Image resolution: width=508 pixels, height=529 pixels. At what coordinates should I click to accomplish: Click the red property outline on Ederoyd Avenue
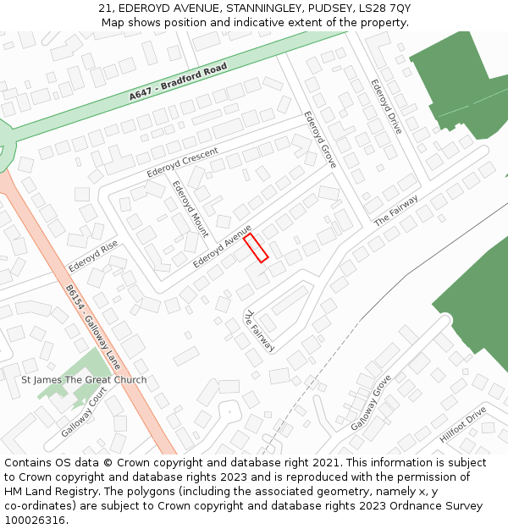[256, 248]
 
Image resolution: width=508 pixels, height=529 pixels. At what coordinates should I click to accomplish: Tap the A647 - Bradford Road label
[179, 81]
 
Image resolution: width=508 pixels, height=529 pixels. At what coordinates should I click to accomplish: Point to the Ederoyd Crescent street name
[182, 163]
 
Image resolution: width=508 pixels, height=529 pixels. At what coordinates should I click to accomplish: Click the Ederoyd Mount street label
[190, 208]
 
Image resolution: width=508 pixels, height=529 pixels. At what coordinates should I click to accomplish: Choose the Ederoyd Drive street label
[386, 107]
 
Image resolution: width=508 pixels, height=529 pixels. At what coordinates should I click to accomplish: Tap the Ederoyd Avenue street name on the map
[222, 246]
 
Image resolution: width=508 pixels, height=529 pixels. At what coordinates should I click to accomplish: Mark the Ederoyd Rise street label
[93, 255]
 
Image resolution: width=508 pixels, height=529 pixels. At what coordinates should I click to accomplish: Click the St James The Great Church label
[84, 380]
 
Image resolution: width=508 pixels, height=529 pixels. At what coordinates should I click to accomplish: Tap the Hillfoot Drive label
[462, 425]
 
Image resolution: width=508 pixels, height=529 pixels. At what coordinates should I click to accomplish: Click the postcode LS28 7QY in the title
[386, 8]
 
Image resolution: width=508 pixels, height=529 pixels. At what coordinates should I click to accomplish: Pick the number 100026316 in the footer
[35, 520]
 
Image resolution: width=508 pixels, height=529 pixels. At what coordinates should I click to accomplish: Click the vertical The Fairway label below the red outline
[259, 331]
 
